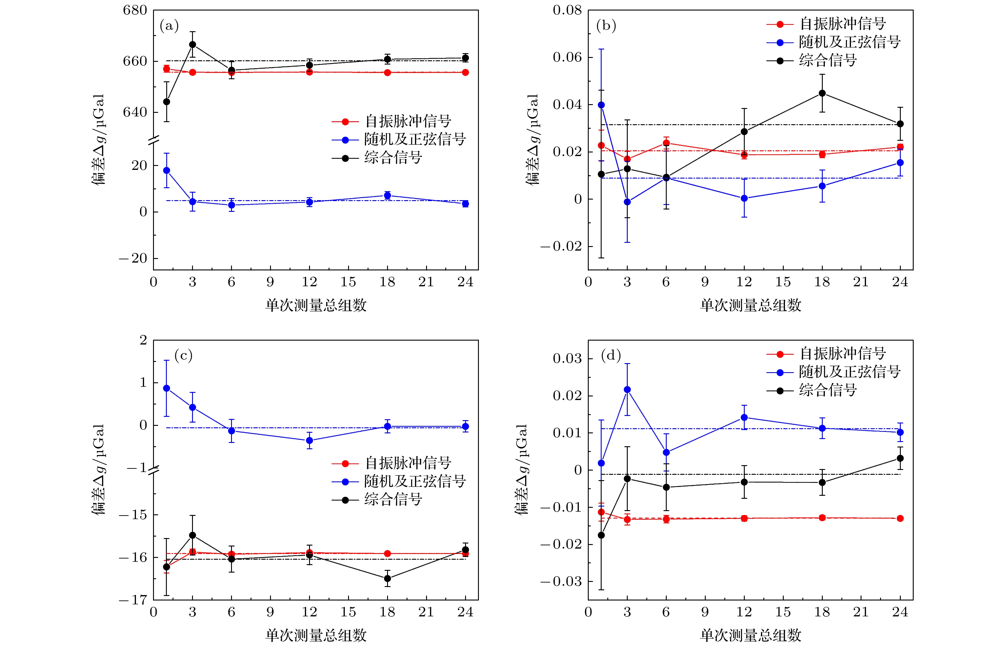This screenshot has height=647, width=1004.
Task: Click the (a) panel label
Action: point(169,26)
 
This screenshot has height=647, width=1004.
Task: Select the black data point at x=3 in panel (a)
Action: point(192,44)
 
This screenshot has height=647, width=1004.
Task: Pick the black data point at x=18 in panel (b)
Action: point(822,93)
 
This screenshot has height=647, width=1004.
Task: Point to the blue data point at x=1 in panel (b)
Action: point(601,105)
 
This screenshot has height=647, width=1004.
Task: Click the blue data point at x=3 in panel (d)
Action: point(627,390)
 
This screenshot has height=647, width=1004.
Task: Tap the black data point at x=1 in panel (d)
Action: point(601,535)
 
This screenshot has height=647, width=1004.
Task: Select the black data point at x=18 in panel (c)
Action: point(387,579)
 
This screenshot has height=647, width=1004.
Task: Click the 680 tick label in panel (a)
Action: point(135,10)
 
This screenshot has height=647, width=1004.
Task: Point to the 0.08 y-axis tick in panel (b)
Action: point(567,10)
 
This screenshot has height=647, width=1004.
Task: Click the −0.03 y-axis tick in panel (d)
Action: point(562,582)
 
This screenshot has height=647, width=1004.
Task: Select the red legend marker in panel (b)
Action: point(780,24)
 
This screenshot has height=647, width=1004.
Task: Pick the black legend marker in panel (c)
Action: point(345,500)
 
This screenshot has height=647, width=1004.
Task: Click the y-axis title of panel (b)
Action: point(532,140)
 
